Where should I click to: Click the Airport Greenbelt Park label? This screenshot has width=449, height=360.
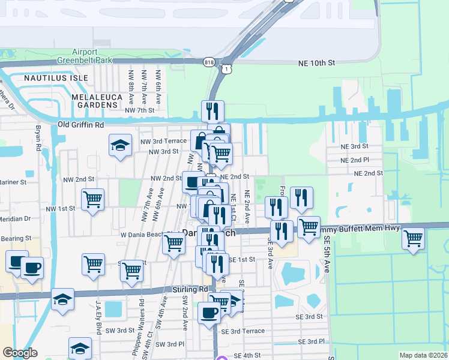84,56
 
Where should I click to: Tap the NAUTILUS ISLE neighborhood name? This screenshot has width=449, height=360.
56,78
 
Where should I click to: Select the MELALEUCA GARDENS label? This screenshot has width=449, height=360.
96,101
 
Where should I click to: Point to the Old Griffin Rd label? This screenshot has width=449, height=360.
80,125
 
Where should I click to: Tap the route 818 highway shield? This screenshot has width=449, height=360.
209,62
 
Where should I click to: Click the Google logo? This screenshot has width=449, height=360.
20,353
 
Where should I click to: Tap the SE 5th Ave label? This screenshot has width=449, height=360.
327,255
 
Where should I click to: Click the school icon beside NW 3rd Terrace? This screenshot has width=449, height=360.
120,145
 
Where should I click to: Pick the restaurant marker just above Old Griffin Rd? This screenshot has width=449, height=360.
212,110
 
